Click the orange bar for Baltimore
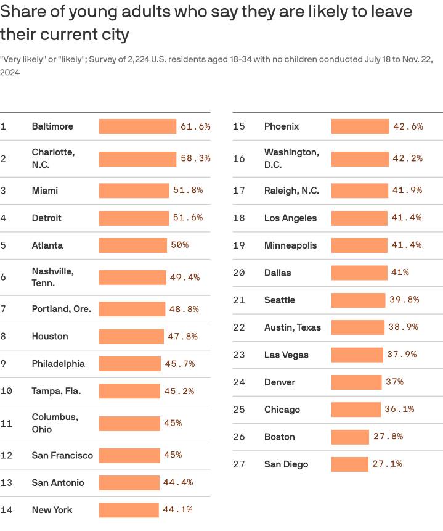click(x=137, y=126)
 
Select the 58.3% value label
click(x=195, y=158)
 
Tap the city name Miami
click(x=45, y=191)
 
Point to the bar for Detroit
click(x=134, y=218)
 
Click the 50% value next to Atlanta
click(x=179, y=245)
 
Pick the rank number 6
click(x=3, y=278)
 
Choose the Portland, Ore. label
click(x=61, y=309)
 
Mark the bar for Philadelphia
click(x=129, y=364)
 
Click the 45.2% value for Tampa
click(x=179, y=391)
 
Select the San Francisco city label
click(x=62, y=455)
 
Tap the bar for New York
click(x=129, y=510)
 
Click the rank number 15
click(x=239, y=126)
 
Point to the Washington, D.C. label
click(x=291, y=158)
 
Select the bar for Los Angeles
click(x=359, y=218)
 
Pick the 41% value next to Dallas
click(x=399, y=273)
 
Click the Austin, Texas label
click(x=292, y=327)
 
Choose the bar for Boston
click(x=350, y=437)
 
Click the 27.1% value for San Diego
click(x=387, y=464)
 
